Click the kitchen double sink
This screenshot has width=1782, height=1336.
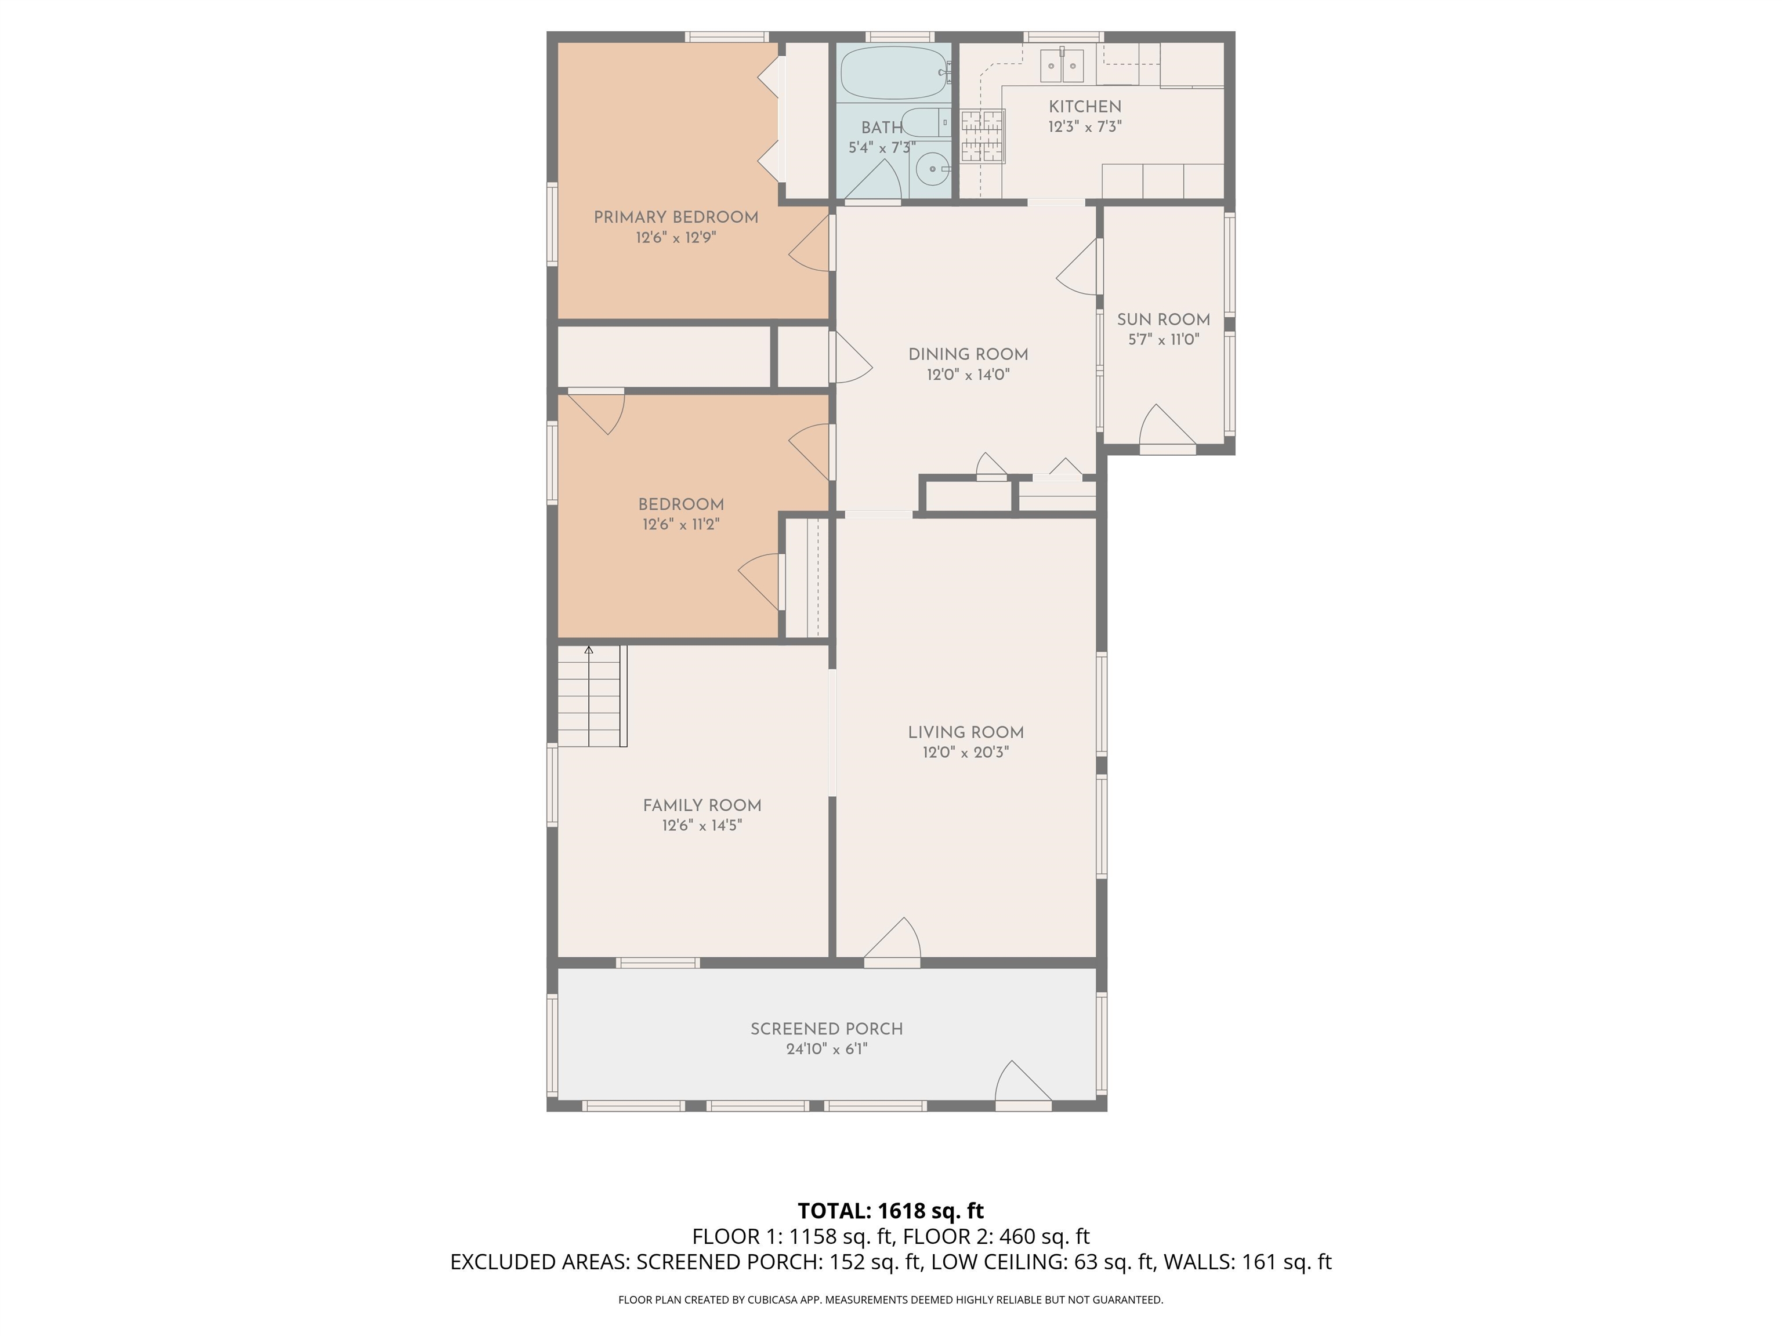pyautogui.click(x=1061, y=66)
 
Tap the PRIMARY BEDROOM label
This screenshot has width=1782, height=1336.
pyautogui.click(x=676, y=217)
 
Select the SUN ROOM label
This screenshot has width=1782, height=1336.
pyautogui.click(x=1163, y=320)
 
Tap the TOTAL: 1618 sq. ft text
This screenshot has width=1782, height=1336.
pyautogui.click(x=890, y=1210)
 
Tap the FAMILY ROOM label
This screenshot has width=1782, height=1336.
pyautogui.click(x=702, y=805)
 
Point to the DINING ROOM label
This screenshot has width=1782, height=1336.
pyautogui.click(x=968, y=354)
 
